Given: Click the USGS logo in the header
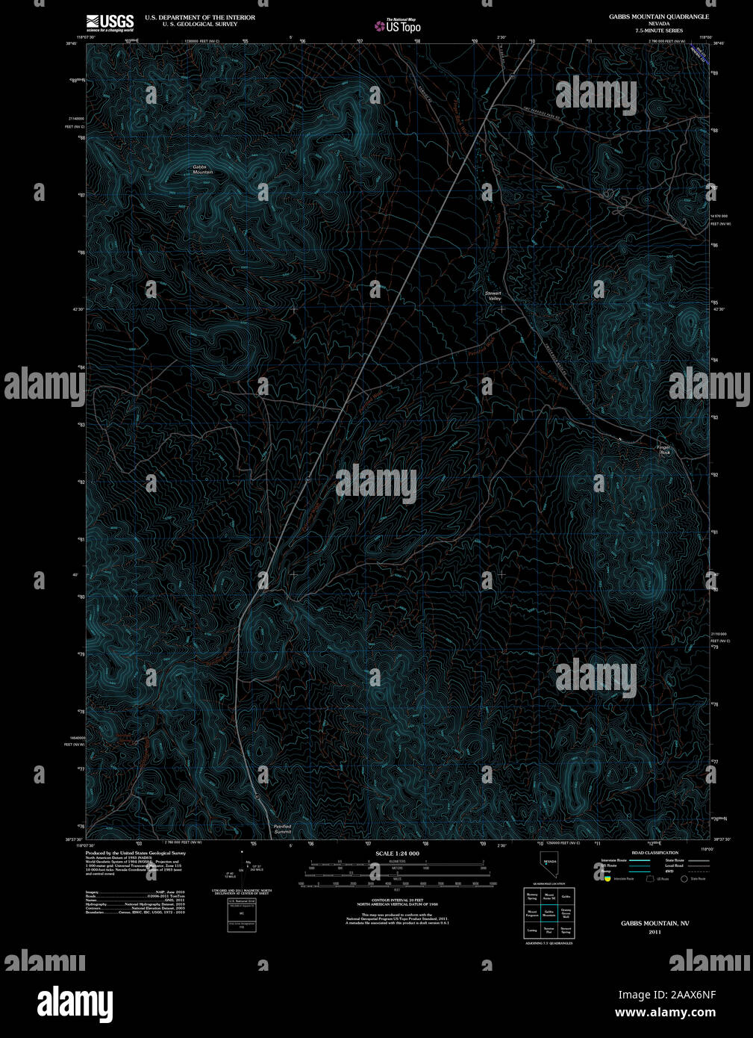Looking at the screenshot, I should (x=110, y=22).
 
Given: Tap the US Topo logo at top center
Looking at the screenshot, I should (x=398, y=25).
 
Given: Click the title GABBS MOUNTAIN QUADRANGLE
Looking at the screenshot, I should (x=659, y=16).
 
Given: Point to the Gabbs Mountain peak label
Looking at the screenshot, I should (x=202, y=170).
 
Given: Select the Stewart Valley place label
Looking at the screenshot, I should (x=493, y=296).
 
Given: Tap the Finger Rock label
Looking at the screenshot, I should (x=664, y=450).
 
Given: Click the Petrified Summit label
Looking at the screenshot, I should (x=282, y=829).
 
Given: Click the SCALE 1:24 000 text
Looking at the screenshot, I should (x=397, y=854).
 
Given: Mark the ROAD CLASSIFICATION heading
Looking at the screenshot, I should (x=654, y=853).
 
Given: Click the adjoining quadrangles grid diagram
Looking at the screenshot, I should (x=549, y=913).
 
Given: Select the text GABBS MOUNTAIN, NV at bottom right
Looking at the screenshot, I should (x=654, y=924).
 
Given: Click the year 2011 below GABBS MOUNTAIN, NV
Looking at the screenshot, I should (x=654, y=932).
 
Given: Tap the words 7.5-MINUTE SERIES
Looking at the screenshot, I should (x=659, y=31).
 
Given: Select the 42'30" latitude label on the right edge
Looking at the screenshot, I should (x=720, y=308).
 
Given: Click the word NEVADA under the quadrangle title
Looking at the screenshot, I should (x=659, y=24).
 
